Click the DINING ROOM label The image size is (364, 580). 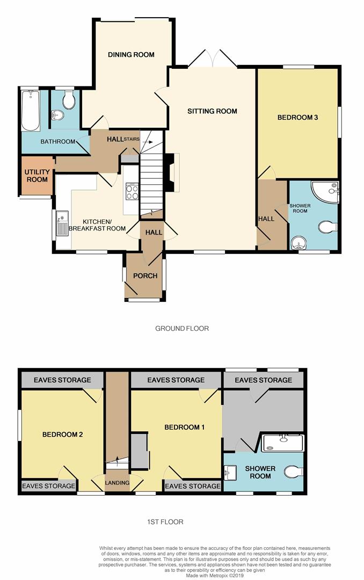click(131, 55)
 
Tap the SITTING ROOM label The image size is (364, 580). click(212, 111)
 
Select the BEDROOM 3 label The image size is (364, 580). click(298, 118)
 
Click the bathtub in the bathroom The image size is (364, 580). click(30, 111)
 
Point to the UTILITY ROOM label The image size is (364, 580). click(37, 176)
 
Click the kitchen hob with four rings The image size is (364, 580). click(132, 192)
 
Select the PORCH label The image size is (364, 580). click(145, 276)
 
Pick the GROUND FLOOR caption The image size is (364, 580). click(182, 329)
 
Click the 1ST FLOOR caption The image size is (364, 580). click(165, 522)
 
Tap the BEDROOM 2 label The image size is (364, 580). click(62, 434)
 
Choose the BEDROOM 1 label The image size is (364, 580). click(185, 427)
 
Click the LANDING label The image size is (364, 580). click(117, 483)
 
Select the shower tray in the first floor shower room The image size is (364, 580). click(282, 443)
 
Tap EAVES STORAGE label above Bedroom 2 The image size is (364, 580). click(62, 380)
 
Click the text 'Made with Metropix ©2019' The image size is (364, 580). click(215, 576)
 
